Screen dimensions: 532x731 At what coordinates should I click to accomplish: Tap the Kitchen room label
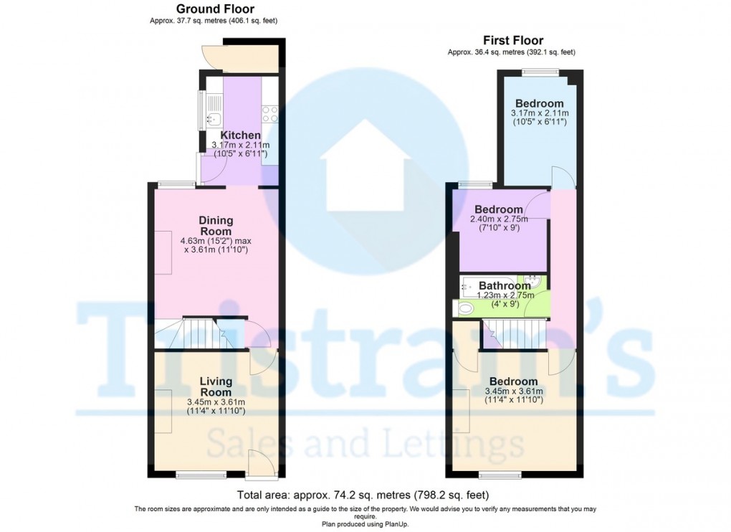[240, 136]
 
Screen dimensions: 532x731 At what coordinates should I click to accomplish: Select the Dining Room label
[216, 226]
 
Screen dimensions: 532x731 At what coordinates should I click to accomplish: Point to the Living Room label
[216, 386]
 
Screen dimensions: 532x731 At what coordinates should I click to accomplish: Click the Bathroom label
[505, 285]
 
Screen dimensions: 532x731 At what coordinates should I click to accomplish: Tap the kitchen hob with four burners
[270, 113]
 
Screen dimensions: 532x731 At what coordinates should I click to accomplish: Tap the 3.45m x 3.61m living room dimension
[216, 402]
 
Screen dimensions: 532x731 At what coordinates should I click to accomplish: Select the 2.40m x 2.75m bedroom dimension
[499, 219]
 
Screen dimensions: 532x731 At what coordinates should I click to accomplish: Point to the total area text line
[363, 495]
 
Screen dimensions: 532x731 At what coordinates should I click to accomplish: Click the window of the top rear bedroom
[540, 71]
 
